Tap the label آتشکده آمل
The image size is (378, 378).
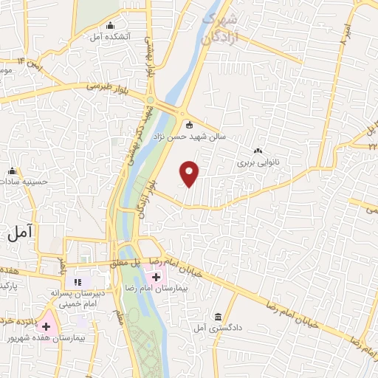[x=111, y=36]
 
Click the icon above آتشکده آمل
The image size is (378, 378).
[x=111, y=27]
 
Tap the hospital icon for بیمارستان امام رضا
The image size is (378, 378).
[x=156, y=278]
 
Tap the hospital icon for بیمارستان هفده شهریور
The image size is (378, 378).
[x=46, y=325]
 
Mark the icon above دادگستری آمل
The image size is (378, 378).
[x=217, y=315]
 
